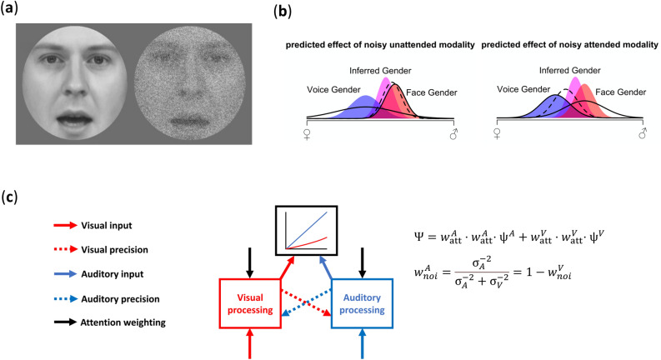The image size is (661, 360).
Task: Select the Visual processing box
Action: pos(250,302)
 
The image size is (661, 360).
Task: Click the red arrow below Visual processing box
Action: pos(250,345)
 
